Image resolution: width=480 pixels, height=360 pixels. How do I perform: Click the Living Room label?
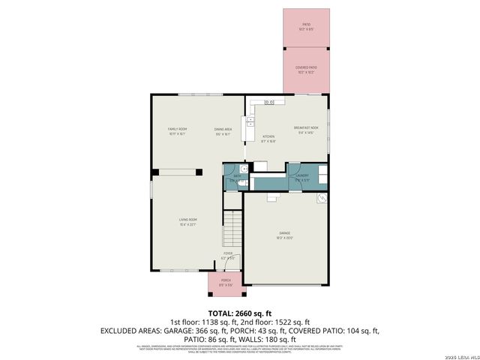point(187,222)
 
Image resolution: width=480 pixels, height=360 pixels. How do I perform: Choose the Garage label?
point(285,235)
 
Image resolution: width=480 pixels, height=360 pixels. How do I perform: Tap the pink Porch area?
point(226,283)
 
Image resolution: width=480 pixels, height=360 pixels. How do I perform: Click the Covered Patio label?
point(306,69)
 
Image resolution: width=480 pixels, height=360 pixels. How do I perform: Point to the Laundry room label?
point(298,177)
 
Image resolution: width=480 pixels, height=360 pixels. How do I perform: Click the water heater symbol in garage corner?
point(322,198)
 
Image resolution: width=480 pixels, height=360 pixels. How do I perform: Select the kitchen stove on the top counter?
point(269,101)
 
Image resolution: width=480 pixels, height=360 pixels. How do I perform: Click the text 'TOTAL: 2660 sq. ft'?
point(240,312)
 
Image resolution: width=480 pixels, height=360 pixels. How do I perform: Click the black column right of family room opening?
point(199,172)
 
